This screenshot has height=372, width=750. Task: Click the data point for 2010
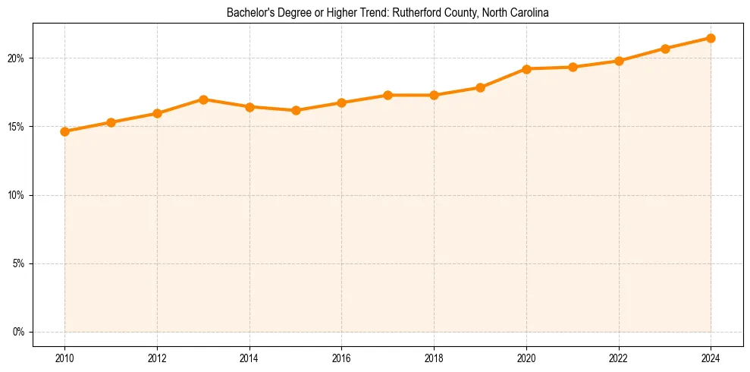tap(64, 131)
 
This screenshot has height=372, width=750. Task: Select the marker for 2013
tap(203, 99)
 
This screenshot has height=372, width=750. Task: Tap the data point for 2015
tap(296, 110)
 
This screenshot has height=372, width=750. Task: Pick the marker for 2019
tap(480, 87)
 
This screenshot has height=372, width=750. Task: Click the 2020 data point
tap(526, 69)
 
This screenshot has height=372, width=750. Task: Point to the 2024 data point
tap(711, 38)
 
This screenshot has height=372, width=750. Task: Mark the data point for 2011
tap(111, 122)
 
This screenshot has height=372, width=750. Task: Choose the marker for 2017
tap(388, 95)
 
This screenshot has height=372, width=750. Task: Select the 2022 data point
tap(619, 61)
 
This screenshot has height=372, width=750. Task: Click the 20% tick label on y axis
tap(17, 58)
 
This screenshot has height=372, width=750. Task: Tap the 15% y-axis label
tap(17, 127)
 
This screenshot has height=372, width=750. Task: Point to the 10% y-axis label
tap(17, 195)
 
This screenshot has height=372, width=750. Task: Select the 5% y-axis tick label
tap(19, 263)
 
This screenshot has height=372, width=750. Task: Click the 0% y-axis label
tap(19, 332)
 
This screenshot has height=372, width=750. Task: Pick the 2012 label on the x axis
tap(157, 358)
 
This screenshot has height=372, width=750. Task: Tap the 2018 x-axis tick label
tap(434, 358)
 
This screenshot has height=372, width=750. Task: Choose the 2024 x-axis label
tap(711, 358)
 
